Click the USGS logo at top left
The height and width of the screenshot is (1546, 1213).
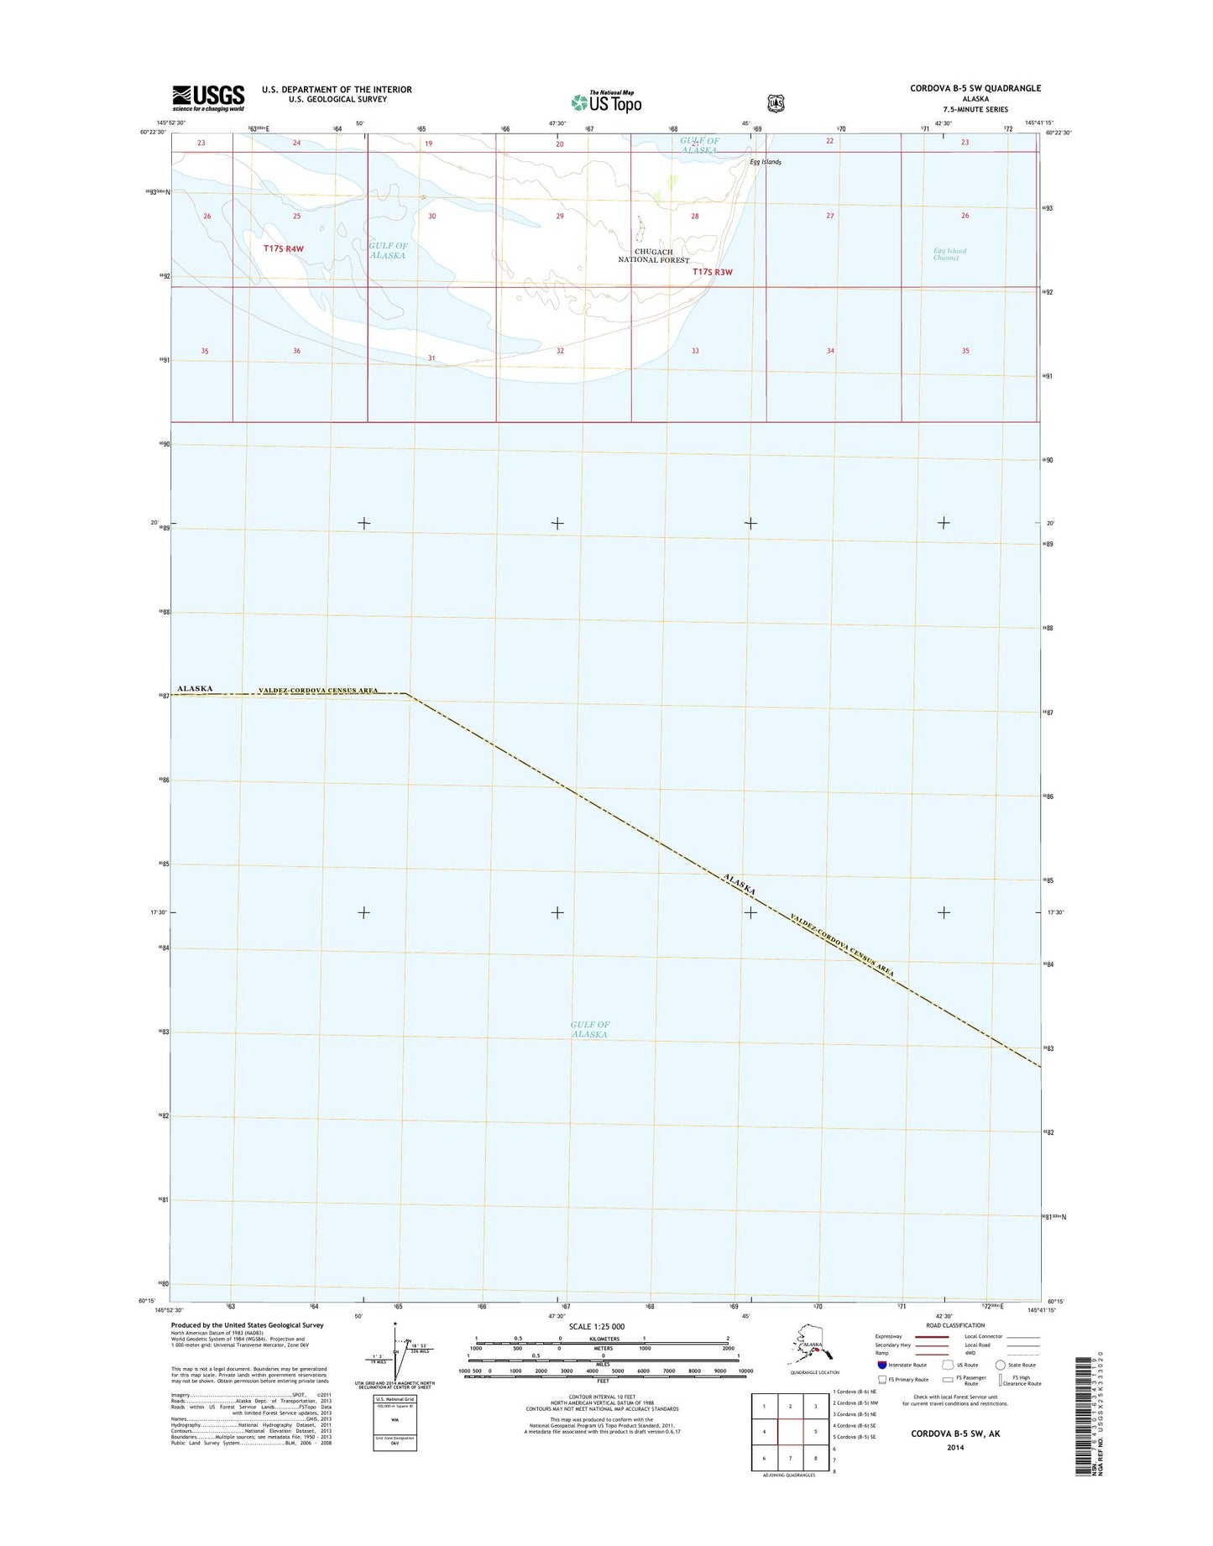pyautogui.click(x=208, y=97)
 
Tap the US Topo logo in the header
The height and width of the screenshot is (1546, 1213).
pyautogui.click(x=606, y=102)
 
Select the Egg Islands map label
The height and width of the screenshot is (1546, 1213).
pyautogui.click(x=766, y=162)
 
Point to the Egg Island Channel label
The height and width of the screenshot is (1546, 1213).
pyautogui.click(x=949, y=254)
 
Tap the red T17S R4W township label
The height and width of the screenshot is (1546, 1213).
pyautogui.click(x=283, y=249)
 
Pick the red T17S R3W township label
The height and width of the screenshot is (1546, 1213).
pyautogui.click(x=713, y=272)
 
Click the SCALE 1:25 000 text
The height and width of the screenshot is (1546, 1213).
pyautogui.click(x=596, y=1327)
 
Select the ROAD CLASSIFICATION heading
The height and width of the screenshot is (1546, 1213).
pyautogui.click(x=955, y=1325)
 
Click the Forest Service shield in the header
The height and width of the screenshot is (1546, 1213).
pyautogui.click(x=776, y=103)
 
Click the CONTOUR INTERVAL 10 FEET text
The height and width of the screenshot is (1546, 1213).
pyautogui.click(x=602, y=1397)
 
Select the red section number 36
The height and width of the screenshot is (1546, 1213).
pyautogui.click(x=296, y=351)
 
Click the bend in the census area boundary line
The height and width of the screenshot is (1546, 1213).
pyautogui.click(x=408, y=693)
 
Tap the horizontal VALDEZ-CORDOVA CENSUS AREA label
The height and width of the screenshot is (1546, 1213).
pyautogui.click(x=316, y=690)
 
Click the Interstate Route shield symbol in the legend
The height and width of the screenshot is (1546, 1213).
pyautogui.click(x=881, y=1365)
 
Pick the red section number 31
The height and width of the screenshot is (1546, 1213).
pyautogui.click(x=431, y=358)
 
